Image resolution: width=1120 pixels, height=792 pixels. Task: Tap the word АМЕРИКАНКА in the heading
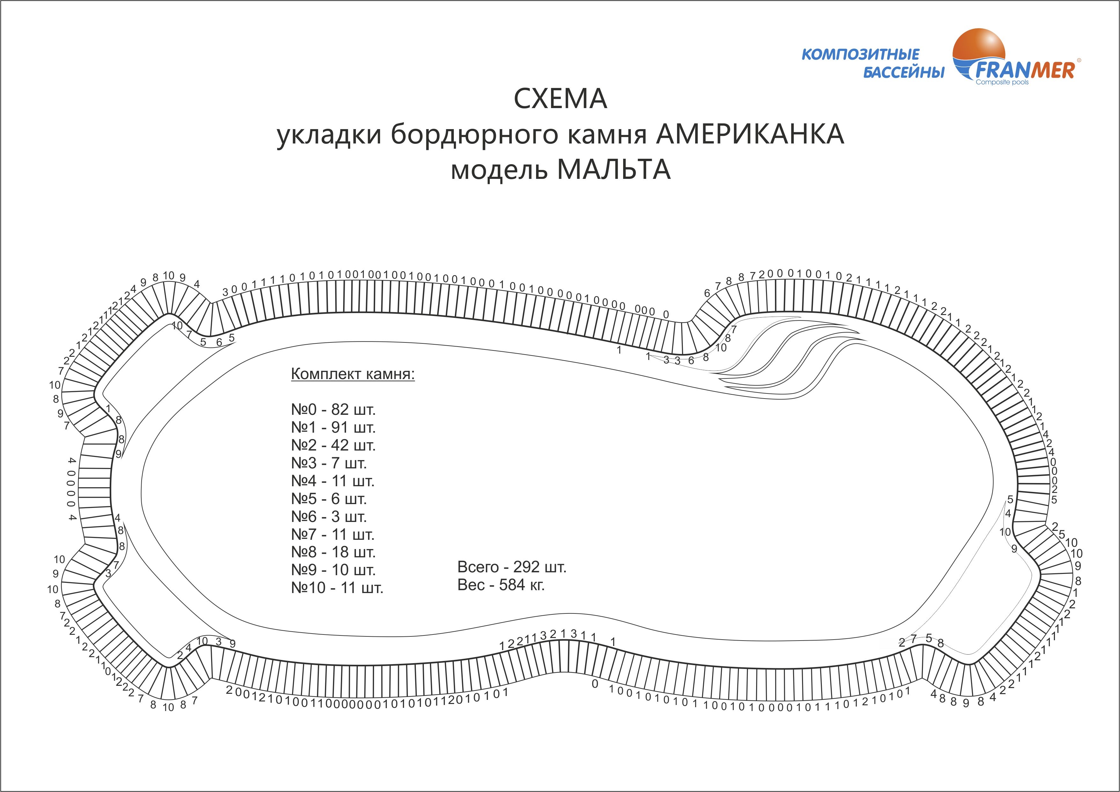(750, 135)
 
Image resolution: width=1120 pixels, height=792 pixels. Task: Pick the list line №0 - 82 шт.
(333, 410)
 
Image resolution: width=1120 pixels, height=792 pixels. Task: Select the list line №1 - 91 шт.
(333, 427)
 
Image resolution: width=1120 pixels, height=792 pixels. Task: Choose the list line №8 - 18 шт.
(333, 552)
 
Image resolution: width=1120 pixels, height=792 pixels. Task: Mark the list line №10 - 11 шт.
(337, 588)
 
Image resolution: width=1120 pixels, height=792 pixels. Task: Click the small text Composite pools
(1002, 82)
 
